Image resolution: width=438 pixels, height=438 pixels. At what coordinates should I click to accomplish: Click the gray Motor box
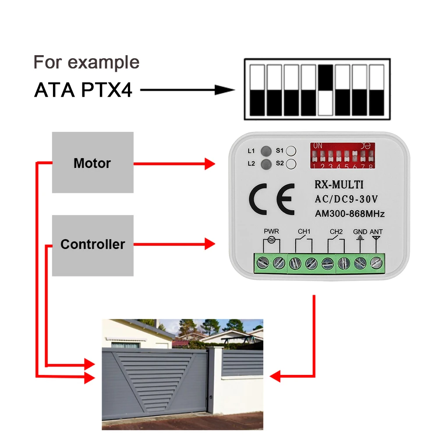tap(92, 162)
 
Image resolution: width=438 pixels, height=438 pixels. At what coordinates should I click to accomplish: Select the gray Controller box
tap(92, 245)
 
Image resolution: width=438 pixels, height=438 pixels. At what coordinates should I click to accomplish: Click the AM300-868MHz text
tap(350, 214)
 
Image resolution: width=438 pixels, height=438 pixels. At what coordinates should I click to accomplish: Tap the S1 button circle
tap(291, 151)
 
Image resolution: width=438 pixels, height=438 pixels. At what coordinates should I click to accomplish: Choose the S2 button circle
tap(291, 165)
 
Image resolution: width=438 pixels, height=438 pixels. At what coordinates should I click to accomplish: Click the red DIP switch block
tap(343, 155)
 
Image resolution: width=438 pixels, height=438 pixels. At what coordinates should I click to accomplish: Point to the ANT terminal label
tap(376, 232)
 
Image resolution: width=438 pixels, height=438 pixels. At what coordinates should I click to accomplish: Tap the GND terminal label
tap(360, 232)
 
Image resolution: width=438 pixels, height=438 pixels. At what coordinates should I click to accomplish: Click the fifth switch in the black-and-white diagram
tap(325, 90)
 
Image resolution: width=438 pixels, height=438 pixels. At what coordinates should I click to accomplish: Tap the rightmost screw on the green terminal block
tap(376, 263)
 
